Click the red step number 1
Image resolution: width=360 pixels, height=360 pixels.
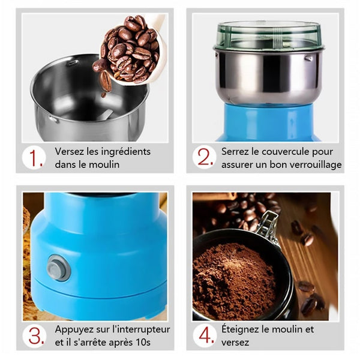(35, 158)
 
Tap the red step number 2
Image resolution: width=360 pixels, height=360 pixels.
(205, 157)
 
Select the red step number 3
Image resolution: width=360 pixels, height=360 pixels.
(36, 336)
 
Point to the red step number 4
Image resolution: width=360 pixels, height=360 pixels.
(206, 335)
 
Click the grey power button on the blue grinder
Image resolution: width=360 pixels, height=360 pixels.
(59, 268)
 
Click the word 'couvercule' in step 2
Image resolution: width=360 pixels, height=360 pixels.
(285, 152)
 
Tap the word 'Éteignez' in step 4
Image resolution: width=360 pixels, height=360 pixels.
(240, 329)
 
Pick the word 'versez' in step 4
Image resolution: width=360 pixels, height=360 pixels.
(235, 343)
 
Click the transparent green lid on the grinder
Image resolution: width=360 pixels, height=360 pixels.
(269, 35)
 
